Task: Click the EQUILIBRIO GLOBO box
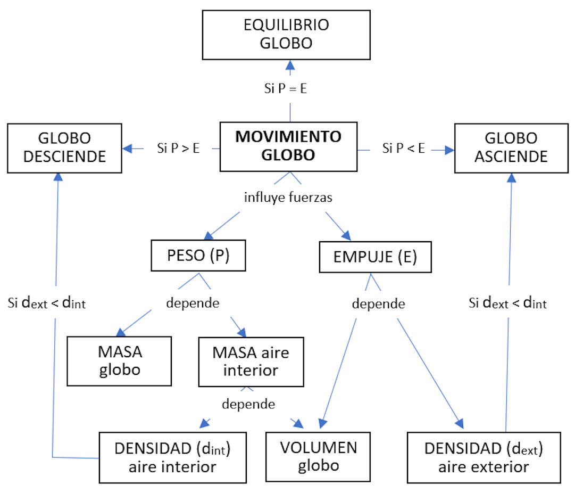[x=286, y=35]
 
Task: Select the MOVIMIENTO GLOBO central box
[x=288, y=145]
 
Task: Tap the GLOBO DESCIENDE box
[x=64, y=147]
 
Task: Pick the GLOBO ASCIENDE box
[x=511, y=147]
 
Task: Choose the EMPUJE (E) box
[x=375, y=257]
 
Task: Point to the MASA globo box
[x=119, y=360]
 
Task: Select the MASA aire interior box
[x=251, y=361]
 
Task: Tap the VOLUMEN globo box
[x=319, y=456]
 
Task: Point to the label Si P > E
[x=178, y=149]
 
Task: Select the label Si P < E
[x=404, y=149]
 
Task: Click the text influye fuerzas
[x=288, y=198]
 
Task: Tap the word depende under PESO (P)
[x=193, y=303]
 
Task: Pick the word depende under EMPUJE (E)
[x=379, y=304]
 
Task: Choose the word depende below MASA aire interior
[x=248, y=404]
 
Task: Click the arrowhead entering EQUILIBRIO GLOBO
[x=289, y=64]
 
